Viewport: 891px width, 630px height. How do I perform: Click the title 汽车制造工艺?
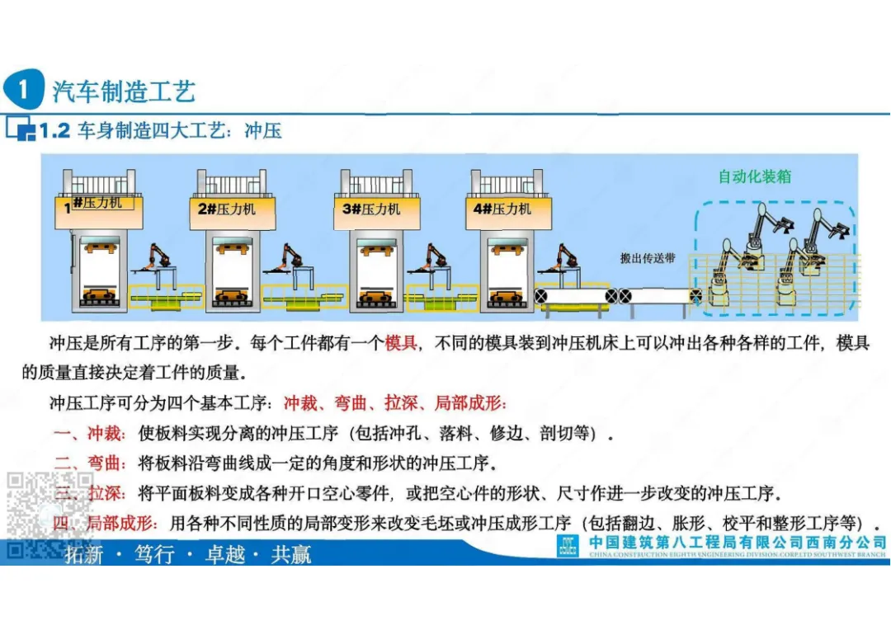click(124, 92)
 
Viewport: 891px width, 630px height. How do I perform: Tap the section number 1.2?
click(54, 131)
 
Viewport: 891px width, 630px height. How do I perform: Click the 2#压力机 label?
click(227, 209)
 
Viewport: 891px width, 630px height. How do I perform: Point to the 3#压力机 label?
click(371, 209)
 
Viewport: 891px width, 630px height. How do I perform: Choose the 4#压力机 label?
click(502, 209)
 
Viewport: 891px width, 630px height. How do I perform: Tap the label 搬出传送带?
click(648, 258)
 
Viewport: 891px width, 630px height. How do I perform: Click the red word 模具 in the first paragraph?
click(401, 343)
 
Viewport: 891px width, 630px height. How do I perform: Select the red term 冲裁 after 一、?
click(107, 433)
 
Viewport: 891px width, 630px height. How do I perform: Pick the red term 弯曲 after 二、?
click(107, 462)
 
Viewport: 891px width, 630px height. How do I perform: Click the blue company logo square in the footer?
click(568, 546)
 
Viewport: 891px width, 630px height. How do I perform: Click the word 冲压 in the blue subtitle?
click(263, 131)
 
